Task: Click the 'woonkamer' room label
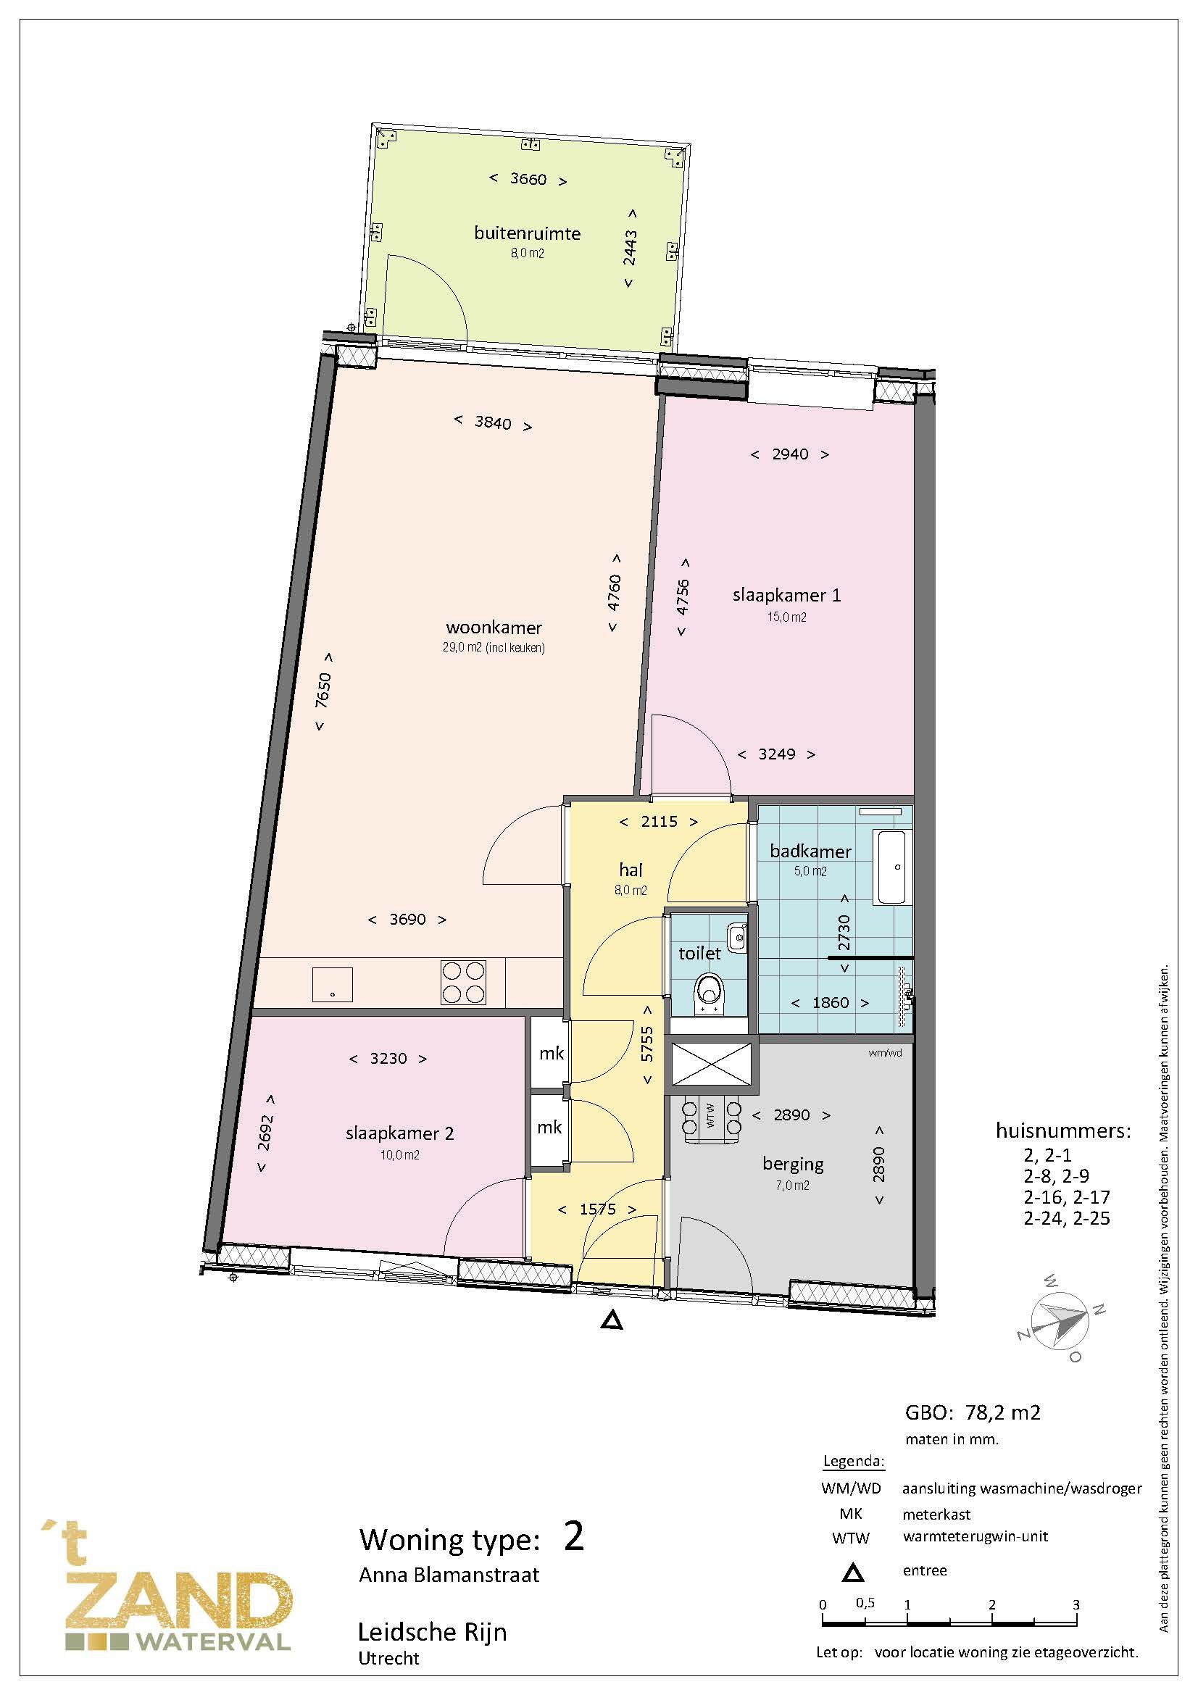[494, 628]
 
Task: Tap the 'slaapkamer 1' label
[786, 595]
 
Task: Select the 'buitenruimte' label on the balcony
[527, 234]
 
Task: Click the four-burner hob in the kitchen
[464, 982]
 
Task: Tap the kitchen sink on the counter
[332, 984]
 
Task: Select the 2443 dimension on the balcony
[630, 248]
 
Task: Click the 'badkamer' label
[810, 851]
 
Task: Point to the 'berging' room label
[793, 1165]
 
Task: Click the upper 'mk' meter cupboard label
[551, 1054]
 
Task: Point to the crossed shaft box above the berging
[712, 1065]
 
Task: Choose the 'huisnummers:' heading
[1063, 1131]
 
